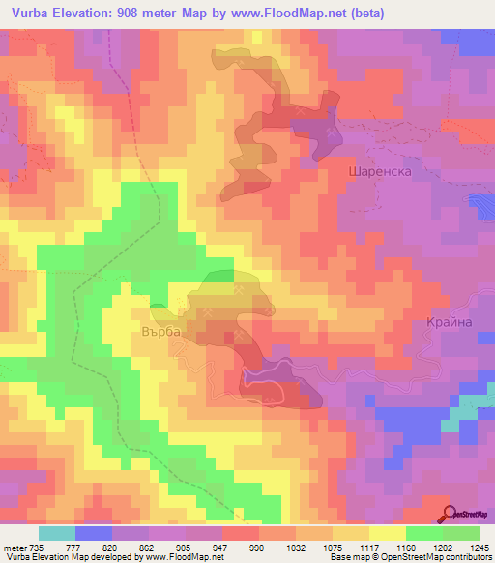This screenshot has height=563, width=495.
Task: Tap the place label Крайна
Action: point(449,322)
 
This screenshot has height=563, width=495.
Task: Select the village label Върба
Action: point(163,330)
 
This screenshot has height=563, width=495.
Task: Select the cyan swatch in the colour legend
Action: point(57,533)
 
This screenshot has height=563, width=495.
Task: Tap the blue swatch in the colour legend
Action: point(94,533)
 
